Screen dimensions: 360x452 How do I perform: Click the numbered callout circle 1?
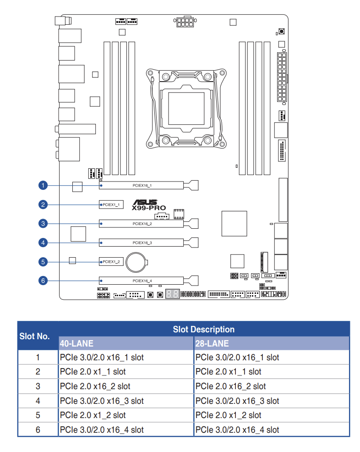(43, 185)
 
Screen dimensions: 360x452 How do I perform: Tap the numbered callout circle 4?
(43, 243)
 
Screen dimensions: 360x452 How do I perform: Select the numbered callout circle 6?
(43, 281)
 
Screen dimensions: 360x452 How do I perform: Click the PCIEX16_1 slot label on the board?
(142, 185)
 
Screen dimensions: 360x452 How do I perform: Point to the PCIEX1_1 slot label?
(111, 204)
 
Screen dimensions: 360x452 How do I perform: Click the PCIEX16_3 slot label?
(142, 243)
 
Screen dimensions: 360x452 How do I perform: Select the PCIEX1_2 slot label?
(111, 262)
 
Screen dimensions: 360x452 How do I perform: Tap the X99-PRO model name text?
(149, 208)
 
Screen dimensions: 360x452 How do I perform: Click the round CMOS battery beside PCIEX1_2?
(136, 262)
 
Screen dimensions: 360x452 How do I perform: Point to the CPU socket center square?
(186, 108)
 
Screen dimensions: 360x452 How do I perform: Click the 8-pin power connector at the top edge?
(185, 22)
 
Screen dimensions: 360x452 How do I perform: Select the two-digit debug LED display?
(173, 294)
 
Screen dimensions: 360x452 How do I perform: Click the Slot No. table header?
(34, 336)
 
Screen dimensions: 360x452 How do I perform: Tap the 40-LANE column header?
(76, 343)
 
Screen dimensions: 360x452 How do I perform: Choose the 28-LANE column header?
(212, 343)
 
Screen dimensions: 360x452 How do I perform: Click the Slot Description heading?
(204, 329)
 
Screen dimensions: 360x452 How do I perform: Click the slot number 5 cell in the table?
(38, 415)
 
